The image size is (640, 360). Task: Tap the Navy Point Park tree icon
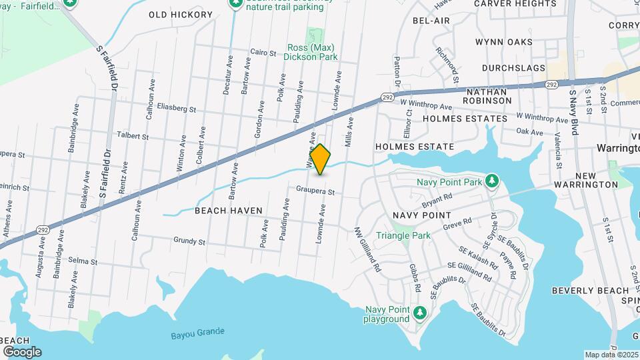[491, 181]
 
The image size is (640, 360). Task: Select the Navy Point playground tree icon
[419, 311]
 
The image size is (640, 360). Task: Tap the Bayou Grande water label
[197, 333]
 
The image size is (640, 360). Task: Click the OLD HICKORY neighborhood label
[176, 14]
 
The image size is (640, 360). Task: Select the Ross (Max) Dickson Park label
[311, 53]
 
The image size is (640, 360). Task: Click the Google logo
[22, 351]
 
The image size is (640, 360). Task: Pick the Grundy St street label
[189, 241]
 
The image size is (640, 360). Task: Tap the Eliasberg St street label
[177, 107]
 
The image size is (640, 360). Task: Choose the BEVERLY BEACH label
[590, 291]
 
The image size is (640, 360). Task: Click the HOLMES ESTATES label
[465, 119]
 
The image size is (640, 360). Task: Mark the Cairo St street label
[263, 51]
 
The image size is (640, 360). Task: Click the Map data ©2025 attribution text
[611, 354]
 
